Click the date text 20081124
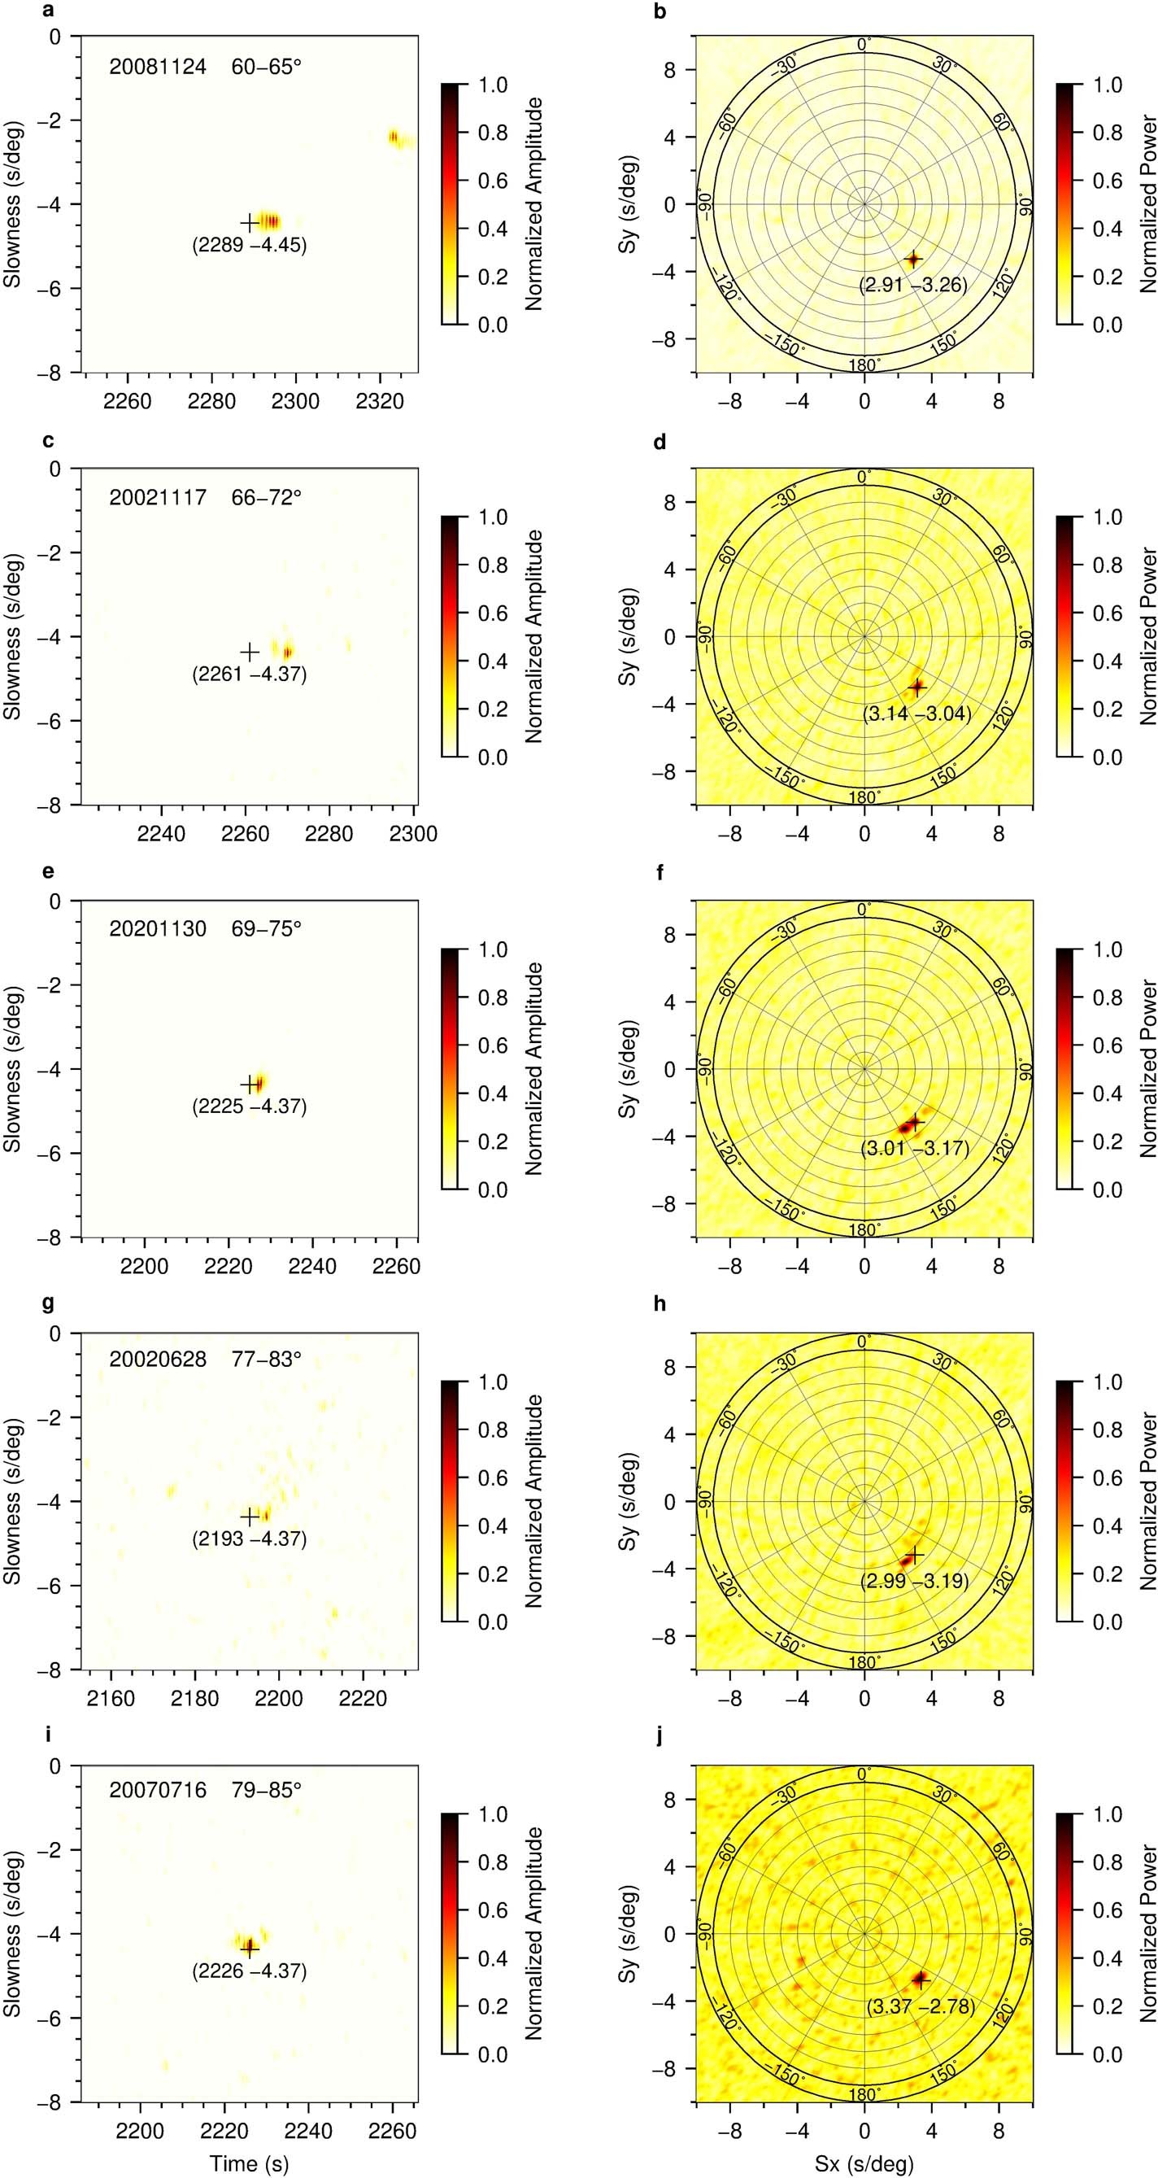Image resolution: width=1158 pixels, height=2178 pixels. point(157,67)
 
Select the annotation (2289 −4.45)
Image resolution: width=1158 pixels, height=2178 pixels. point(250,246)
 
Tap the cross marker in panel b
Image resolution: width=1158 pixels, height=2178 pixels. point(913,260)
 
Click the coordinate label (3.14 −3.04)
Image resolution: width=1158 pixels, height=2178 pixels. point(916,714)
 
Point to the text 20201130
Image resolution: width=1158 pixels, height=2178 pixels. point(157,929)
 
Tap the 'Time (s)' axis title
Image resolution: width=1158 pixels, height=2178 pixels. point(250,2163)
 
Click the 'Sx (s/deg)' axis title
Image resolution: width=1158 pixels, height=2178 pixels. point(864,2163)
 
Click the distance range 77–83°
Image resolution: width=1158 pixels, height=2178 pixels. point(266,1361)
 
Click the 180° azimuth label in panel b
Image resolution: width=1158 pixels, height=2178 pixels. point(864,365)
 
